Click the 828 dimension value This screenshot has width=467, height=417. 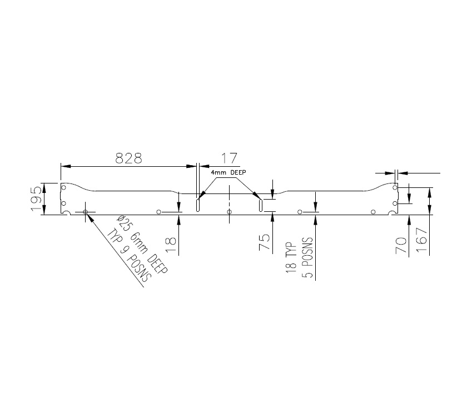pos(128,158)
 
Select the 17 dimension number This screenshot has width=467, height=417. pos(228,158)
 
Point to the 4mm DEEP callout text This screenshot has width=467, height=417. pos(228,173)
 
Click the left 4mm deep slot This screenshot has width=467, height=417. pos(198,204)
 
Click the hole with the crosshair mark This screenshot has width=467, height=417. pos(85,212)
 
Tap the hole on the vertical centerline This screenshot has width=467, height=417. pos(230,212)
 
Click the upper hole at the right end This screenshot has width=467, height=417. pos(394,187)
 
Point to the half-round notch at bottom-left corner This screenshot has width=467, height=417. pos(65,213)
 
